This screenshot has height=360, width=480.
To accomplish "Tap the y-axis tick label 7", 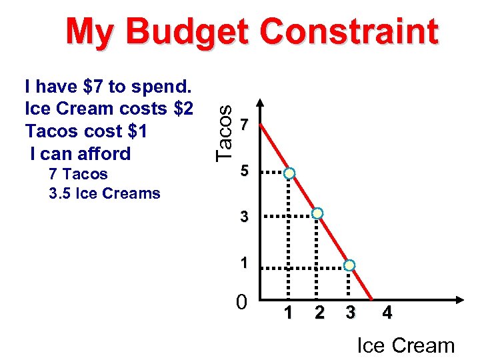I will pos(245,124).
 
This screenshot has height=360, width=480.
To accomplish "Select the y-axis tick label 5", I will pos(245,172).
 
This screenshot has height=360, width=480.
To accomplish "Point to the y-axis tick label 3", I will pos(245,217).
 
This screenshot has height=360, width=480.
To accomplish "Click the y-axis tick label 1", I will pos(245,263).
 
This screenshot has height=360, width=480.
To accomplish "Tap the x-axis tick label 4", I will pos(387,312).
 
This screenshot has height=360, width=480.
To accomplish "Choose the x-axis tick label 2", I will pos(319,312).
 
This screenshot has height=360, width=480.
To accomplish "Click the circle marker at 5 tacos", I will pos(289,173).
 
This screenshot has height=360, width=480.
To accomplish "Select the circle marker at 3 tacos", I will pos(318,213).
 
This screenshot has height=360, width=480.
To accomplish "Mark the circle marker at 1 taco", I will pos(349,265).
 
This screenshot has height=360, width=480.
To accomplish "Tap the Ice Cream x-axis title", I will pos(405,345).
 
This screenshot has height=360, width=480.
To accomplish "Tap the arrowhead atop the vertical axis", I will pos(260,105).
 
